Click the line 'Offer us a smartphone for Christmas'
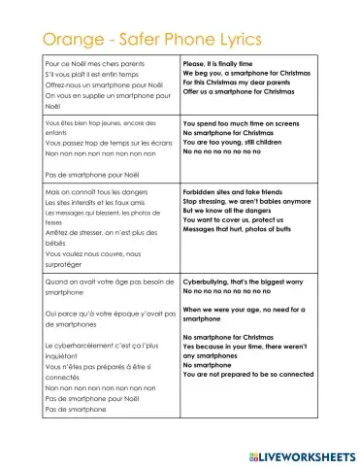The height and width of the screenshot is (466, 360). coord(242,92)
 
